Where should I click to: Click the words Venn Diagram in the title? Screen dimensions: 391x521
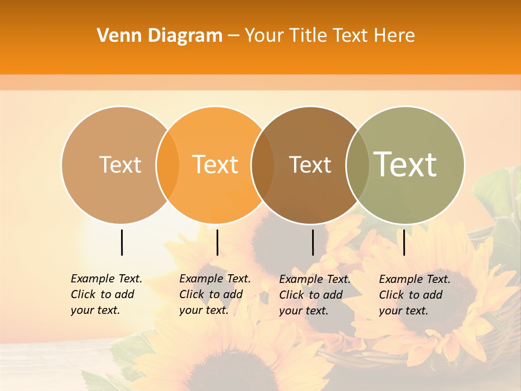[x=160, y=36]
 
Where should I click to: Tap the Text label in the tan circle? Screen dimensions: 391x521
[x=120, y=165]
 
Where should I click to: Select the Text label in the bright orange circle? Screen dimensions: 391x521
[x=215, y=165]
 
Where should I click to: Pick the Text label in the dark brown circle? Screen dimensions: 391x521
[x=310, y=165]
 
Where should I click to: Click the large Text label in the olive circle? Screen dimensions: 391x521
[x=405, y=164]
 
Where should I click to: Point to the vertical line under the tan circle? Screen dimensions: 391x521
[x=122, y=242]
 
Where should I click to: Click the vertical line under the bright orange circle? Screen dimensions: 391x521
[x=217, y=242]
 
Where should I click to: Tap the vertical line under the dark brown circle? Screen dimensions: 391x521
[x=313, y=242]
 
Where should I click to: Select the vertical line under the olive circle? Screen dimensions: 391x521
[x=404, y=242]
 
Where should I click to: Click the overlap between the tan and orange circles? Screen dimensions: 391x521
[x=168, y=165]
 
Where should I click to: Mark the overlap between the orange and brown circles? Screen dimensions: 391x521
[x=263, y=165]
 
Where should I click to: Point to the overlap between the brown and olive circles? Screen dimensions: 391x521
[x=357, y=165]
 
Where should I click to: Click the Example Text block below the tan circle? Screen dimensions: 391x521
[x=106, y=294]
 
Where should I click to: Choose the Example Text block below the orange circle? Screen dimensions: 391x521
[x=215, y=294]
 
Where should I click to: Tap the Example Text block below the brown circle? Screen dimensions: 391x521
[x=315, y=295]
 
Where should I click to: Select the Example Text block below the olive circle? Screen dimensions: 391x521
[x=415, y=295]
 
